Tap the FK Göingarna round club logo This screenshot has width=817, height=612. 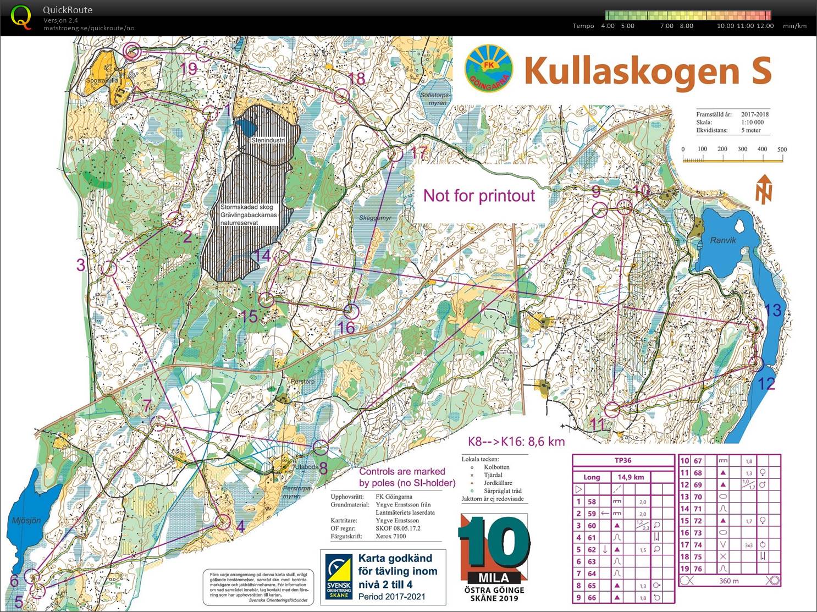click(489, 69)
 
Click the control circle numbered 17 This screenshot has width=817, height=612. click(395, 154)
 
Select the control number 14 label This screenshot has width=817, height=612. click(262, 256)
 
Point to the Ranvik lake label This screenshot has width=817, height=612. click(722, 240)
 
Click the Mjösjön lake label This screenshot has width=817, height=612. click(26, 520)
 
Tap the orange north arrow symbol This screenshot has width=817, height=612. click(764, 189)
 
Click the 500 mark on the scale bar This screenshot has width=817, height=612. click(782, 149)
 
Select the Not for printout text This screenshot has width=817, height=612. click(479, 196)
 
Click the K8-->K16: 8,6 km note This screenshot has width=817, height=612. click(516, 441)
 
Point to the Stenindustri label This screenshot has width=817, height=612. click(268, 140)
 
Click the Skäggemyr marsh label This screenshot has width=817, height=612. click(375, 218)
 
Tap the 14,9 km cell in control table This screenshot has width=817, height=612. click(630, 477)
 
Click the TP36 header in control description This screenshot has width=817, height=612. click(623, 460)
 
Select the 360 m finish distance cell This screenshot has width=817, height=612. click(728, 580)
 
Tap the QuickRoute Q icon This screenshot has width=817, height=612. click(21, 17)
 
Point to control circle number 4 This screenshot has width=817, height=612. click(223, 521)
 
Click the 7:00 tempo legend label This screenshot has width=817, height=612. click(666, 26)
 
